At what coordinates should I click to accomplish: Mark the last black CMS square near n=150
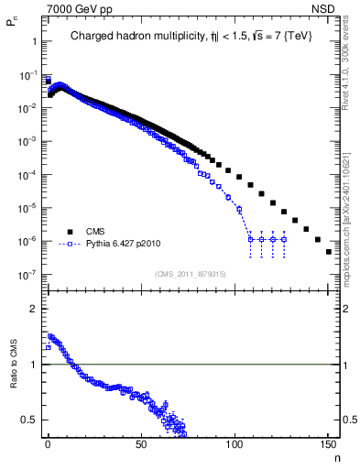pyautogui.click(x=328, y=252)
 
